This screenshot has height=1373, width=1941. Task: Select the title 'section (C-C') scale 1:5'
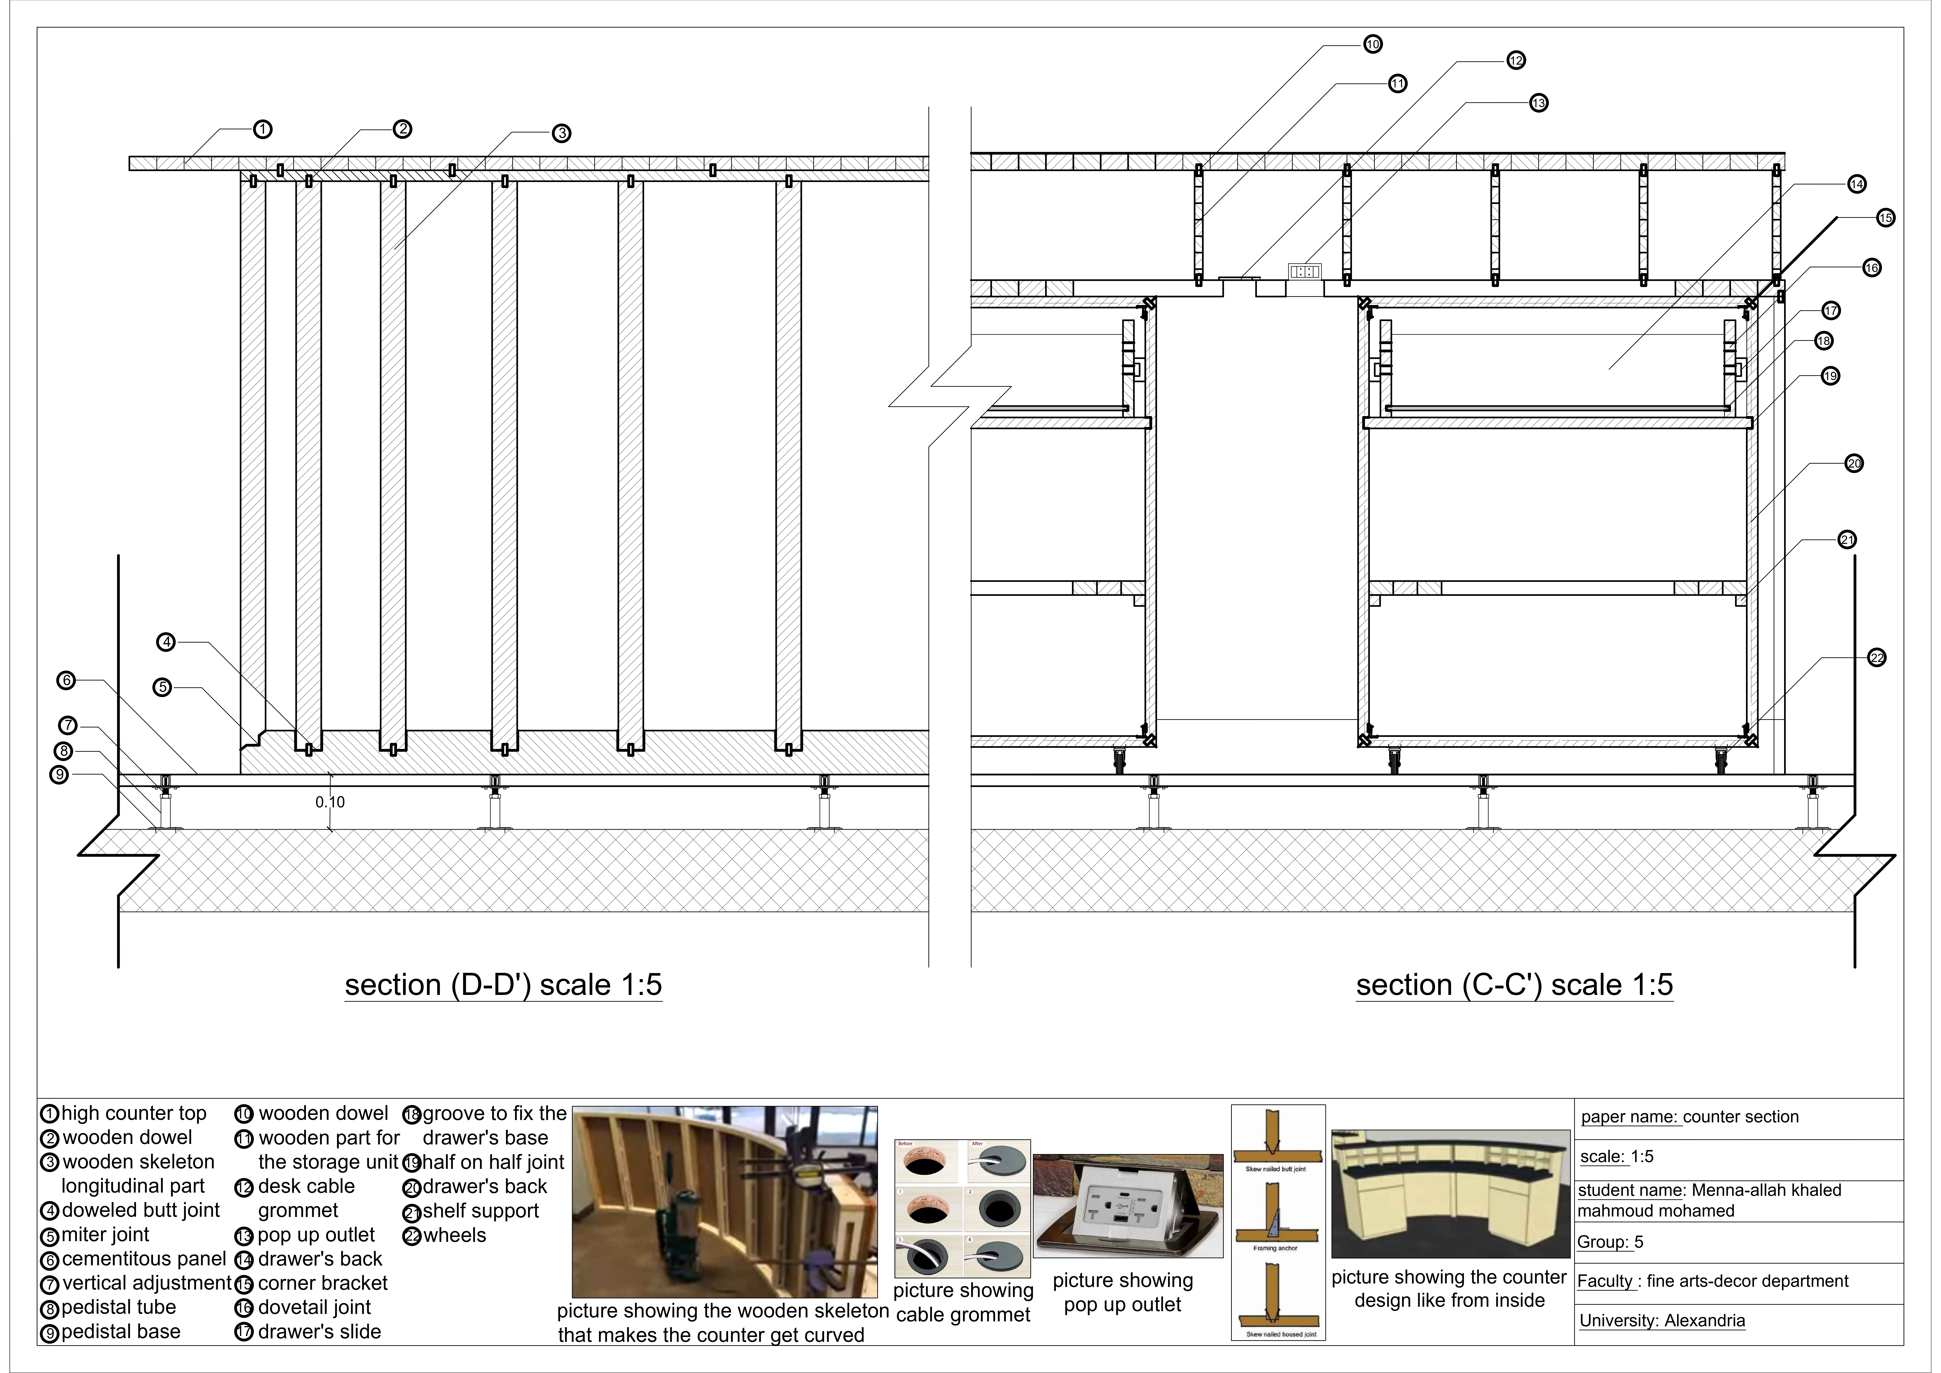tap(1514, 985)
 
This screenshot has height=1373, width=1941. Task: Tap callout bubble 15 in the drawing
tap(1885, 218)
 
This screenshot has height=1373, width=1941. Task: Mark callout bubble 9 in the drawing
tap(59, 775)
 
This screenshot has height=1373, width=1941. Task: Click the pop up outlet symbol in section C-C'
tap(1305, 271)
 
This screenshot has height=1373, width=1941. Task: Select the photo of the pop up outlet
tap(1128, 1206)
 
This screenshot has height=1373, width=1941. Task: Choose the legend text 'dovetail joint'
tap(315, 1307)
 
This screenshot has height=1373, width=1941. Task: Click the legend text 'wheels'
tap(455, 1235)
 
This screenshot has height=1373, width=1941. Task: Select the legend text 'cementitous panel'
tap(144, 1259)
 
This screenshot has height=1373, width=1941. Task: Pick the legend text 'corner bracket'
tap(322, 1283)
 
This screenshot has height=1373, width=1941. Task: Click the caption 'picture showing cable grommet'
tap(963, 1302)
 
